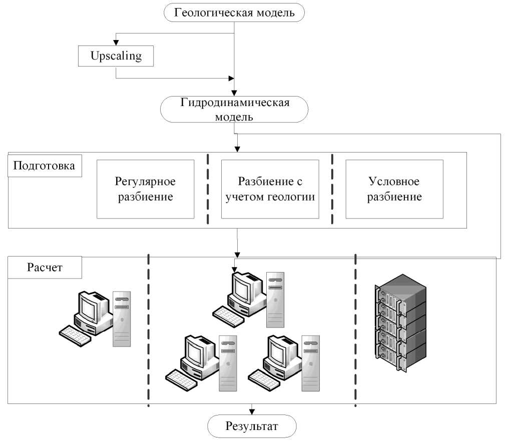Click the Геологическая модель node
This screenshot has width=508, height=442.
tap(234, 12)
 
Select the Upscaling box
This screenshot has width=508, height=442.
tap(116, 56)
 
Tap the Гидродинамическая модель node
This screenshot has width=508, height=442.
tap(234, 109)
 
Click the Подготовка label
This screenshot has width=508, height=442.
tap(43, 166)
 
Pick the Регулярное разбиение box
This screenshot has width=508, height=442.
tap(145, 189)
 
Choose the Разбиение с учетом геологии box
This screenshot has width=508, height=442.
tap(270, 189)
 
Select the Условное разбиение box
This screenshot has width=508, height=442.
tap(394, 189)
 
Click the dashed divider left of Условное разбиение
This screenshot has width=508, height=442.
tap(332, 189)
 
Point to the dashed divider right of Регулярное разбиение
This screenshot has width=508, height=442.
tap(208, 189)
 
